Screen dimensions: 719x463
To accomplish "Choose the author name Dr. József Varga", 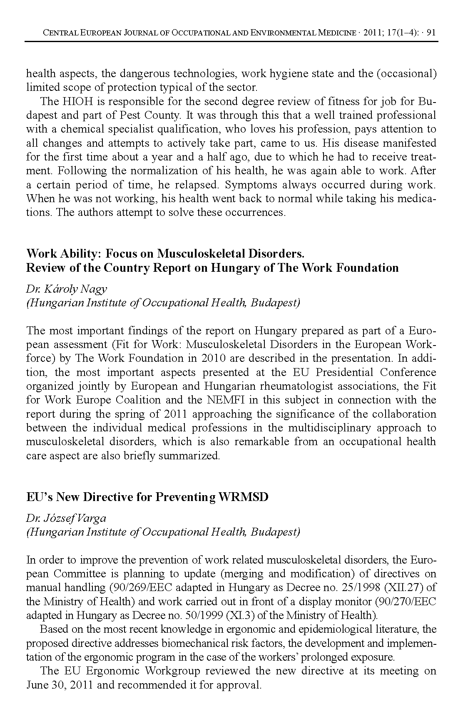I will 66,518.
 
